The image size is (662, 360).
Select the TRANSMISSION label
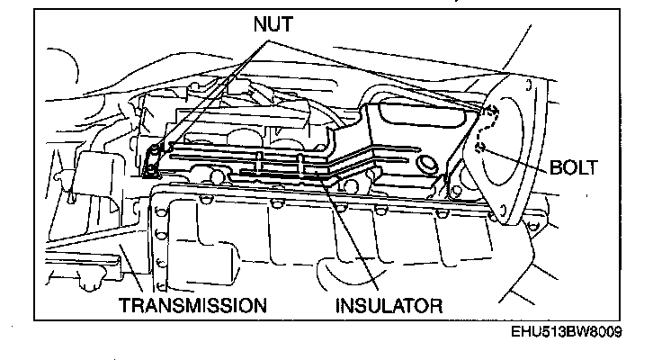(x=194, y=305)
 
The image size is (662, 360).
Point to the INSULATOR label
(x=389, y=305)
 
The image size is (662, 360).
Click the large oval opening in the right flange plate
(x=513, y=144)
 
